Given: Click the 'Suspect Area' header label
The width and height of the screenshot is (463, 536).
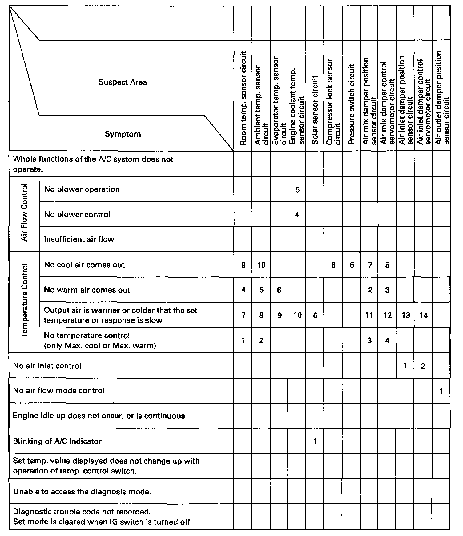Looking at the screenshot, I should click(123, 82).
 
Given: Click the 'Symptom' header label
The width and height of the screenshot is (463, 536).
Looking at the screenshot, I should click(123, 134).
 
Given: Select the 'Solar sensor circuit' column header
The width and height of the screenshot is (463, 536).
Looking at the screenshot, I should click(315, 110).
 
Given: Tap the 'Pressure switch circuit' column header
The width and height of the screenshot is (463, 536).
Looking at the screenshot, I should click(352, 104).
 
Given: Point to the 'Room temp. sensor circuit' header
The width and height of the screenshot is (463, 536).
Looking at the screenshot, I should click(243, 98).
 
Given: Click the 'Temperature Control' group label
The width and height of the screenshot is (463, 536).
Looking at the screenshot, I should click(25, 301).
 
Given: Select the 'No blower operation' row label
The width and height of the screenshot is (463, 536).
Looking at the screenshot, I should click(82, 189).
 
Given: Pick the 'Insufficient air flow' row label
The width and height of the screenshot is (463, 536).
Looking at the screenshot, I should click(79, 239).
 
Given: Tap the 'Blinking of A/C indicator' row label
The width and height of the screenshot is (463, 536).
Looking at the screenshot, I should click(57, 441).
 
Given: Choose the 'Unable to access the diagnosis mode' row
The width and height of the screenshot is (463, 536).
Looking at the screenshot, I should click(82, 492).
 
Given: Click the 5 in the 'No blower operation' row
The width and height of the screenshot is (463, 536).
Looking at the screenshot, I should click(297, 190).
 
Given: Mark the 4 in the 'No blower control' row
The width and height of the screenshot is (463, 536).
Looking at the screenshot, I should click(297, 215).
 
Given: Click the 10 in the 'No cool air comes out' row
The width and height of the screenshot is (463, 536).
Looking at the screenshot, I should click(261, 265).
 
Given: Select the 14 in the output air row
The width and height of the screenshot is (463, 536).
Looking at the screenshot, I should click(423, 315).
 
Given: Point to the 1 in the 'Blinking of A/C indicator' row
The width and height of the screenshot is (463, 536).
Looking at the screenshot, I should click(315, 441).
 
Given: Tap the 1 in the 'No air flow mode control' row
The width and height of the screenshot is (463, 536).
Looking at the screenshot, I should click(441, 391).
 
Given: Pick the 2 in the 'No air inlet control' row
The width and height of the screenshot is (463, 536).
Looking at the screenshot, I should click(423, 366).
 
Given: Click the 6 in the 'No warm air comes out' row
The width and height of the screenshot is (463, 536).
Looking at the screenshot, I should click(279, 290).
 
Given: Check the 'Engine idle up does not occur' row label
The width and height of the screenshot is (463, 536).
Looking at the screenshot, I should click(99, 416).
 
